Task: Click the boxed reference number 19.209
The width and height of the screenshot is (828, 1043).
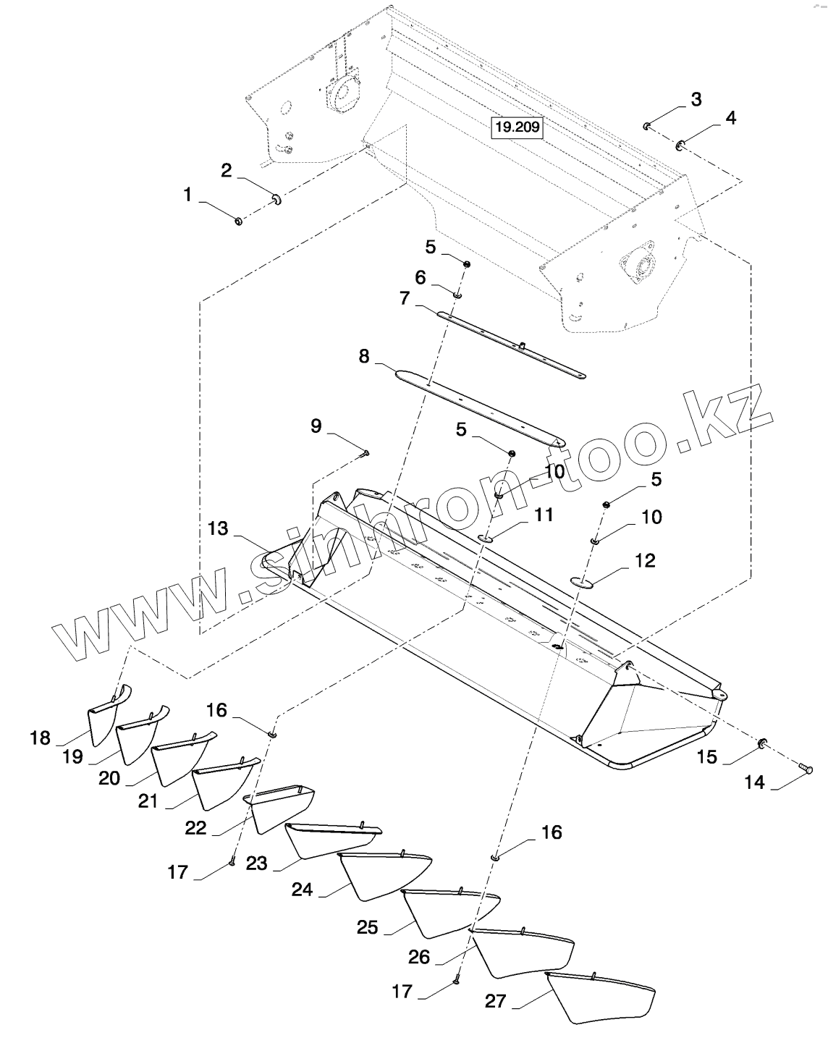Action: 517,128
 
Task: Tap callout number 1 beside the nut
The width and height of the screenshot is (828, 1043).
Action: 188,195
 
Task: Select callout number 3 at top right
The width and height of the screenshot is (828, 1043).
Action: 696,100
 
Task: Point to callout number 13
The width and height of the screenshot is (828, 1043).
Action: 217,529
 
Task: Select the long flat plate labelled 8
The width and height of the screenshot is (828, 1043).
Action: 478,406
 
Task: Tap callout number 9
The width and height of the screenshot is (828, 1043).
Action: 316,426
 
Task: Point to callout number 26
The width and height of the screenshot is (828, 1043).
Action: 419,957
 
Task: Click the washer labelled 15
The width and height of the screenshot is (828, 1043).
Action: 761,743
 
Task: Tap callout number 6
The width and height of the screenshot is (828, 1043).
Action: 420,278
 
